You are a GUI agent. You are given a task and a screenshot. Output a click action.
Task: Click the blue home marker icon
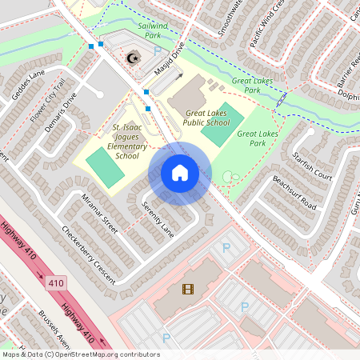(180, 173)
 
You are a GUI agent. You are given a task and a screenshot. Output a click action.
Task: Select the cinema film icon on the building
(187, 289)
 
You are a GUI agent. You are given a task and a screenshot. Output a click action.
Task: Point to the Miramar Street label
(100, 214)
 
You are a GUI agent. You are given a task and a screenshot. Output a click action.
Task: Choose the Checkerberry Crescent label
(88, 254)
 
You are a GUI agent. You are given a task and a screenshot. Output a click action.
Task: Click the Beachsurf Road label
(294, 192)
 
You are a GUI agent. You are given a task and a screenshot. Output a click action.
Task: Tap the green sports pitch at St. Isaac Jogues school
(100, 166)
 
